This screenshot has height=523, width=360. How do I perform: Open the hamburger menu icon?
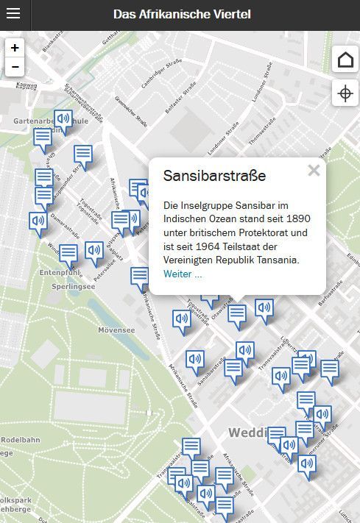pos(15,14)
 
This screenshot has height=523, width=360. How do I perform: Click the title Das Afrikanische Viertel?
pos(182,14)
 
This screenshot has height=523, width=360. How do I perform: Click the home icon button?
pos(345,60)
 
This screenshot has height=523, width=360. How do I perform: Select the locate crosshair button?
pos(345,93)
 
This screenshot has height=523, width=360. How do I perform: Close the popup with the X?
pos(314,171)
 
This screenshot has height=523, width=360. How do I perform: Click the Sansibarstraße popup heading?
pos(214,177)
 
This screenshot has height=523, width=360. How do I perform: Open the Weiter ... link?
pos(183,274)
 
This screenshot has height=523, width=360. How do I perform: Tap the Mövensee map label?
pos(116,330)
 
